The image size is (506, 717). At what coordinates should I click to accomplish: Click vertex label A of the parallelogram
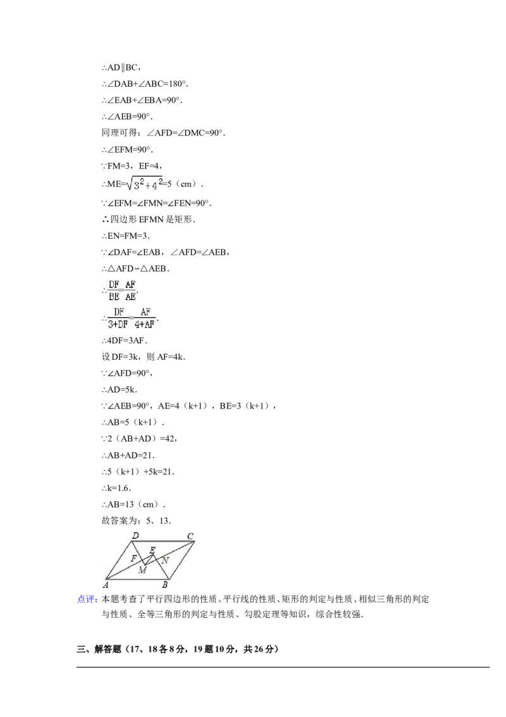pyautogui.click(x=106, y=585)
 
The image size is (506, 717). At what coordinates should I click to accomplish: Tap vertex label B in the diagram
pyautogui.click(x=164, y=585)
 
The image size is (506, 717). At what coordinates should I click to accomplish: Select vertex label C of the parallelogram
pyautogui.click(x=190, y=537)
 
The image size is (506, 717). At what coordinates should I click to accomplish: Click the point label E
pyautogui.click(x=152, y=550)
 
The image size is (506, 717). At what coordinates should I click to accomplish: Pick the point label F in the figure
pyautogui.click(x=133, y=559)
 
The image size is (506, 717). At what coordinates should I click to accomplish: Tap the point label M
pyautogui.click(x=142, y=570)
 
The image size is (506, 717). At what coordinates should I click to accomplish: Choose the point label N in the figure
pyautogui.click(x=165, y=561)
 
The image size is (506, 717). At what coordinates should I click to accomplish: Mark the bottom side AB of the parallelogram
pyautogui.click(x=135, y=579)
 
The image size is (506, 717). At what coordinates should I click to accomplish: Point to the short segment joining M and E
pyautogui.click(x=150, y=559)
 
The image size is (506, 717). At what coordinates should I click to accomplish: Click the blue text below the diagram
pyautogui.click(x=86, y=600)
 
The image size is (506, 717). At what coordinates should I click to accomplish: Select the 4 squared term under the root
pyautogui.click(x=156, y=185)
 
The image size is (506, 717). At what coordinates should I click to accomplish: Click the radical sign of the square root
pyautogui.click(x=128, y=184)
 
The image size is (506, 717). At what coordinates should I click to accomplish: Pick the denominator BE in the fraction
pyautogui.click(x=114, y=296)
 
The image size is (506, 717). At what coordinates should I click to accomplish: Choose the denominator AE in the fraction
pyautogui.click(x=130, y=296)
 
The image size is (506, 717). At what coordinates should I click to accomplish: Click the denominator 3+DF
pyautogui.click(x=118, y=324)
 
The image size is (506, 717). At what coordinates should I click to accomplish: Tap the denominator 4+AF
pyautogui.click(x=145, y=324)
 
